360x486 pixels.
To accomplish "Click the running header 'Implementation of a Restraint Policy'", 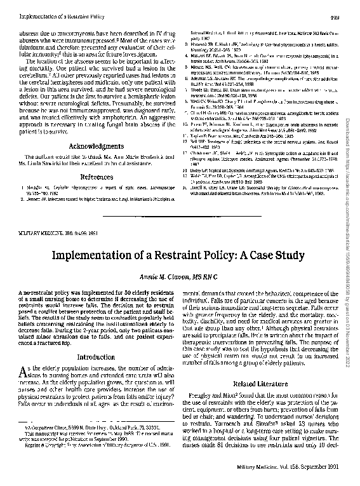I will tap(53, 8).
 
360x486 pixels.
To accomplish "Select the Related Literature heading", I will tap(263, 384).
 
